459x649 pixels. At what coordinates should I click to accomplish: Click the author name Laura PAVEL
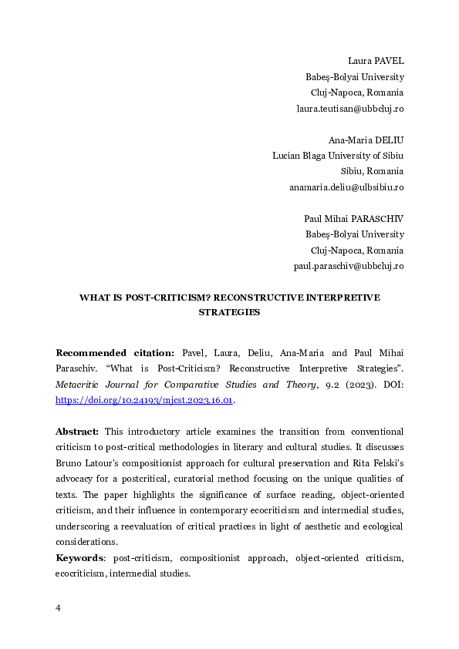pyautogui.click(x=376, y=61)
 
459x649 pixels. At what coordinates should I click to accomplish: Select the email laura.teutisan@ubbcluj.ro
pyautogui.click(x=349, y=109)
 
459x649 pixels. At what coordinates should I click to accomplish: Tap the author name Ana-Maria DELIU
pyautogui.click(x=366, y=140)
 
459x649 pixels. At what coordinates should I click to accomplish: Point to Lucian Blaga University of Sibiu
pyautogui.click(x=338, y=156)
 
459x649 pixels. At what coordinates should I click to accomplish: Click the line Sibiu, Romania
pyautogui.click(x=372, y=171)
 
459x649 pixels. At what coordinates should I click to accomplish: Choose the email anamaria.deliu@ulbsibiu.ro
pyautogui.click(x=346, y=187)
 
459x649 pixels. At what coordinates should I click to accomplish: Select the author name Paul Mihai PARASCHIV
pyautogui.click(x=354, y=219)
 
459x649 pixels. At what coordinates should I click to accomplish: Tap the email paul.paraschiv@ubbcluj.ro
pyautogui.click(x=349, y=266)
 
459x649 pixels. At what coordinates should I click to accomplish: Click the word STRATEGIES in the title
pyautogui.click(x=229, y=313)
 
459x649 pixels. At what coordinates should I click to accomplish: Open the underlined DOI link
pyautogui.click(x=144, y=401)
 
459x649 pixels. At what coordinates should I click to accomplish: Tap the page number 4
pyautogui.click(x=58, y=608)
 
